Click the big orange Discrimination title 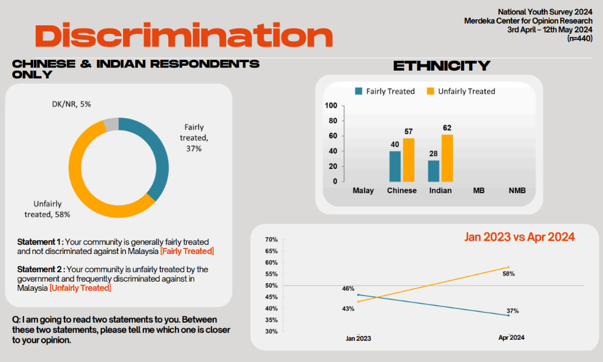(183, 36)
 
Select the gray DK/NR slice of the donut (111, 124)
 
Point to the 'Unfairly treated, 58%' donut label (48, 209)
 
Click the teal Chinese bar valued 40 (395, 166)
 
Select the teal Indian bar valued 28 (434, 171)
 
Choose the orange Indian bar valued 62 (447, 158)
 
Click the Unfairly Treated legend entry (461, 92)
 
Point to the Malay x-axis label (363, 191)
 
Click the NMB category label (517, 191)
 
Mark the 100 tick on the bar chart (330, 106)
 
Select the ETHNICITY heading (442, 66)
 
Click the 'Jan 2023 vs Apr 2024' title (519, 237)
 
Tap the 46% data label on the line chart (348, 288)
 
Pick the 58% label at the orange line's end (508, 273)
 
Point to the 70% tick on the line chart (271, 240)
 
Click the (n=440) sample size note (580, 38)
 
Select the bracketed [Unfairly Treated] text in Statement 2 (80, 288)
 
